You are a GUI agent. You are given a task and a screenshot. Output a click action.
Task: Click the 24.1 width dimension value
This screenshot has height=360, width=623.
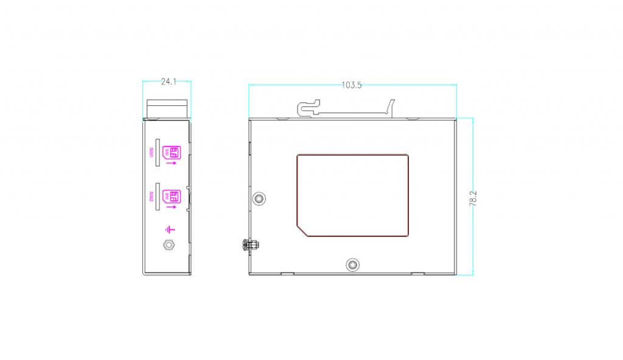[x=169, y=81]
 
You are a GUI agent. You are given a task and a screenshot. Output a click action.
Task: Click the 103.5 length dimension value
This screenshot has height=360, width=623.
[x=351, y=85]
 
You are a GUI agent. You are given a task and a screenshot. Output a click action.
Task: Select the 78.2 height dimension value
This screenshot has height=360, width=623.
[x=473, y=198]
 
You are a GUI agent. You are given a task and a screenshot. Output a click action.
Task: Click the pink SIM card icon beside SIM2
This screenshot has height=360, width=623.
[x=172, y=196]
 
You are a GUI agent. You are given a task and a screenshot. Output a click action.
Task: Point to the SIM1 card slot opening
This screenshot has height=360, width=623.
[x=158, y=153]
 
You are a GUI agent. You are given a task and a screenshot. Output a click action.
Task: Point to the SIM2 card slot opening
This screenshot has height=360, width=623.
[x=158, y=196]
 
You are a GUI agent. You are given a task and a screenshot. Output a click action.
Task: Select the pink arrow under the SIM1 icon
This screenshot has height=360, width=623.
[x=172, y=163]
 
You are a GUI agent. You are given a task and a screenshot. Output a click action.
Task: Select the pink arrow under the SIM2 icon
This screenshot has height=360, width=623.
[x=172, y=207]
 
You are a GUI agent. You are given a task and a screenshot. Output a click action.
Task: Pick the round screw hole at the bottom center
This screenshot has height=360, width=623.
[x=352, y=265]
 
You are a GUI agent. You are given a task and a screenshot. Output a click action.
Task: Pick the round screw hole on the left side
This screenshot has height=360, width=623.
[x=260, y=199]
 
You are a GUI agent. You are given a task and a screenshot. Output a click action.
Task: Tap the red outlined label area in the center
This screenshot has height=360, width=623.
[x=352, y=195]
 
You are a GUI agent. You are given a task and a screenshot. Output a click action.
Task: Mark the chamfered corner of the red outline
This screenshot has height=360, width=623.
[x=302, y=229]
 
